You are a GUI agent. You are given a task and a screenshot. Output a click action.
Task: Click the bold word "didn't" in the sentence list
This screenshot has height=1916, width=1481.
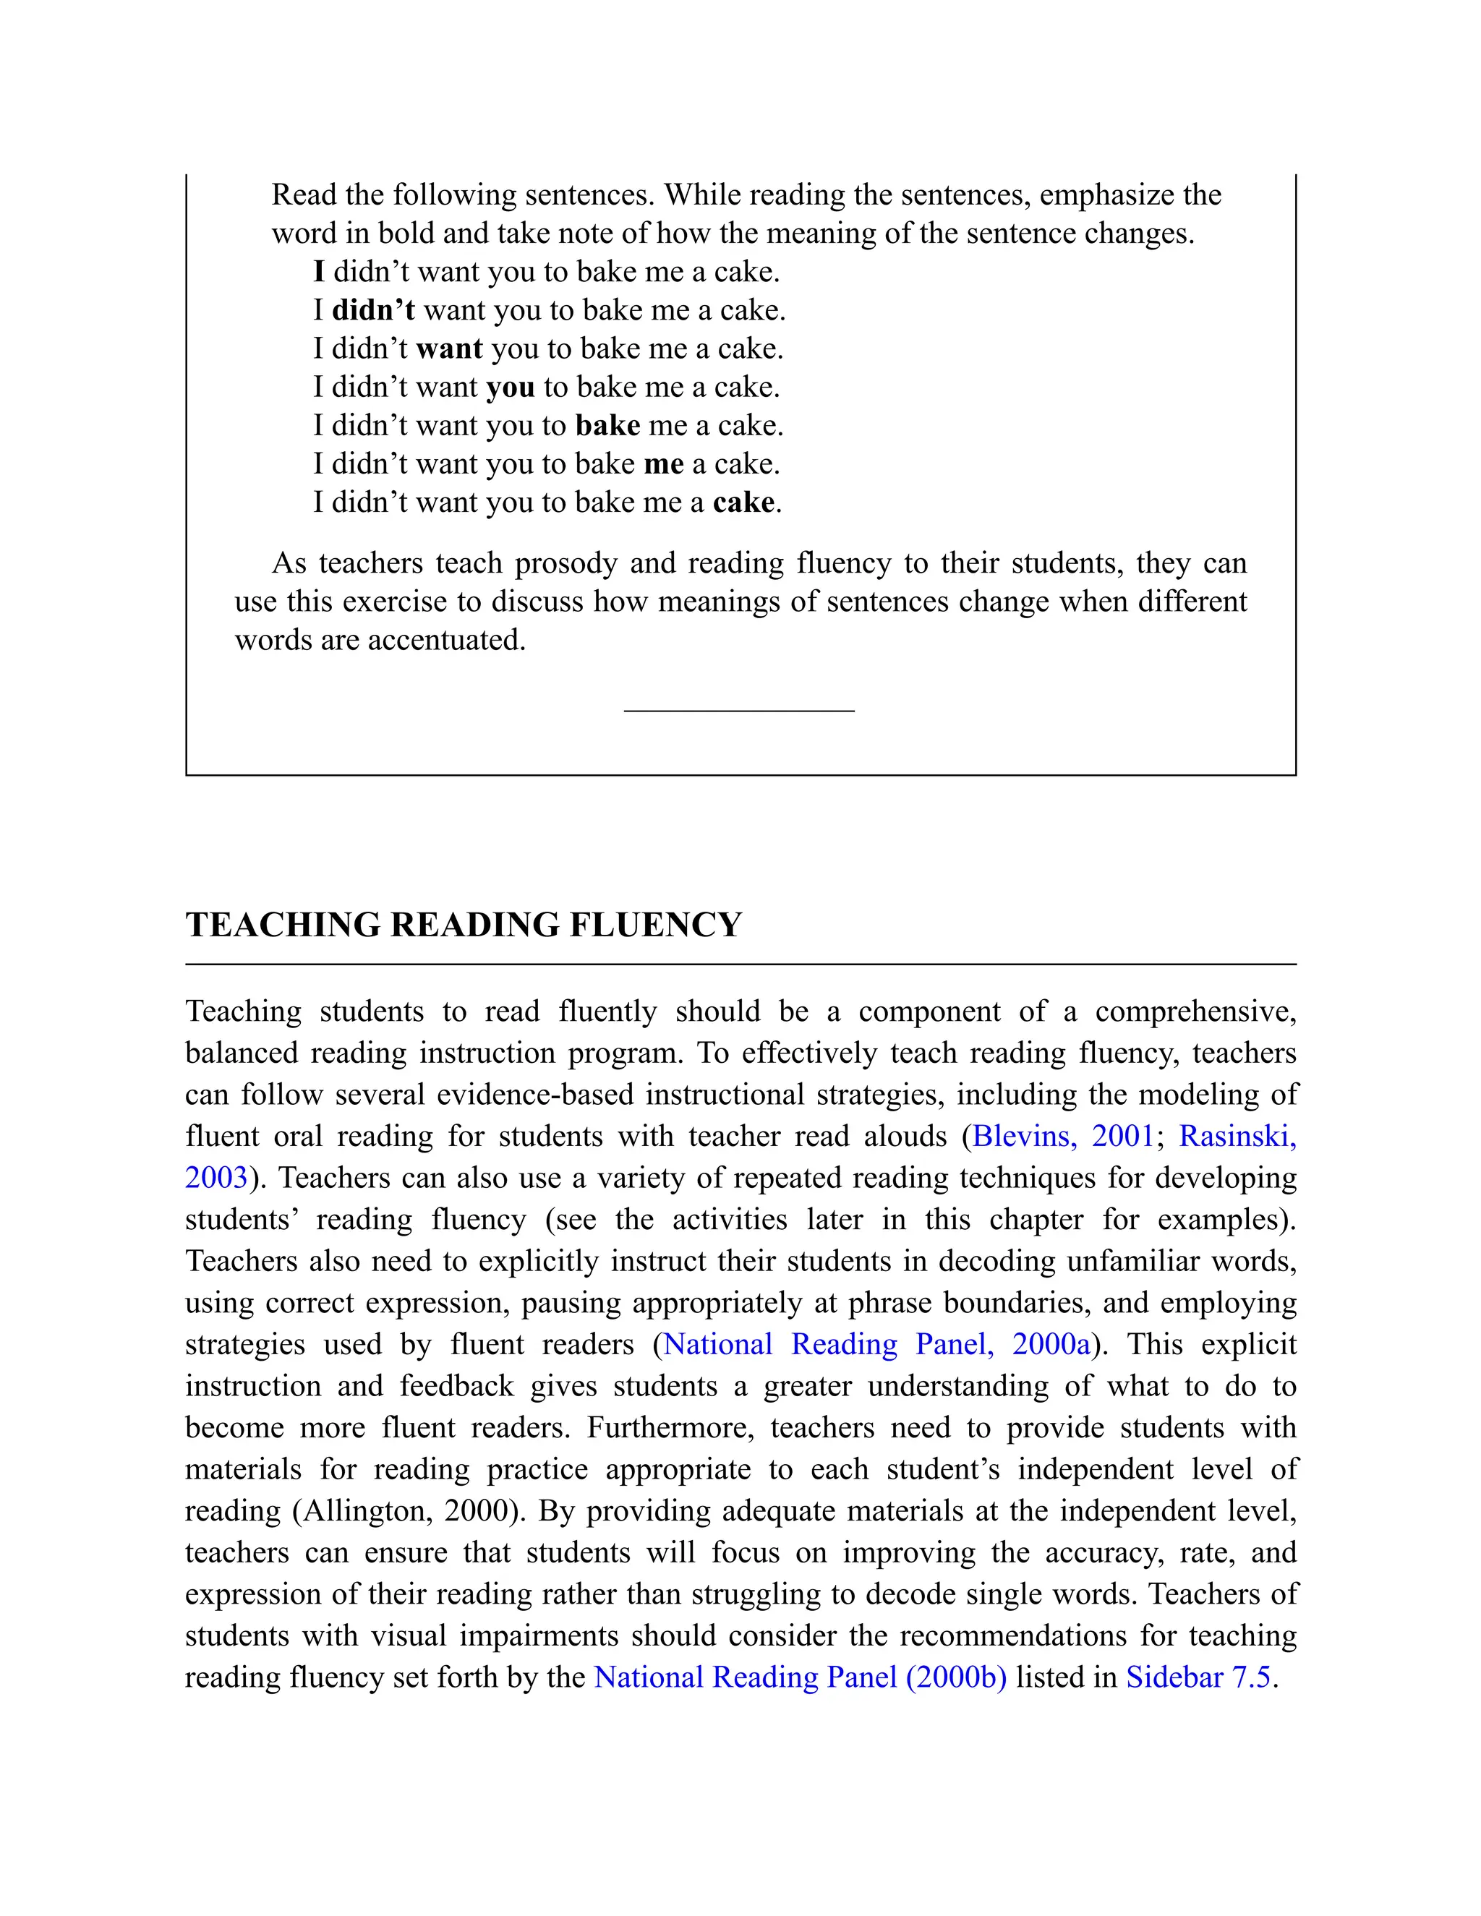pos(373,311)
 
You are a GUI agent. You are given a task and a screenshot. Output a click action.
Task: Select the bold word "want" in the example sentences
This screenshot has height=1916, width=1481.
pos(449,349)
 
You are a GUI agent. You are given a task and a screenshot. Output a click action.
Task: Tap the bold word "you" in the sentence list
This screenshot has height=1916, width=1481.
pos(510,388)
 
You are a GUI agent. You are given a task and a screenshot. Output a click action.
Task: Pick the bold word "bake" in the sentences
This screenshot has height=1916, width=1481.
pos(607,425)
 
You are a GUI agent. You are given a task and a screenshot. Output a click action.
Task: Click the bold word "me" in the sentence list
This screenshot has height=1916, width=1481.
pos(663,464)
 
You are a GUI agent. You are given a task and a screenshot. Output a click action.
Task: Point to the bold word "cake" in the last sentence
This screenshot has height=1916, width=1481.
pos(743,502)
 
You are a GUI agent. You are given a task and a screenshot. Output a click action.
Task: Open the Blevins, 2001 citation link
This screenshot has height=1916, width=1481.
pos(1062,1136)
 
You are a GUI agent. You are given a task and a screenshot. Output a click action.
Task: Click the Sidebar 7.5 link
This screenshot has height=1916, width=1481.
pos(1198,1677)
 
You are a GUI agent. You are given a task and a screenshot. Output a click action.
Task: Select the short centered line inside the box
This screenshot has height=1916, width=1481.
pos(739,711)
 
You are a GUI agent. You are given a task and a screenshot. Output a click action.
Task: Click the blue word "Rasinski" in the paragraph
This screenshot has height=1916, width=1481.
pos(1236,1136)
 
